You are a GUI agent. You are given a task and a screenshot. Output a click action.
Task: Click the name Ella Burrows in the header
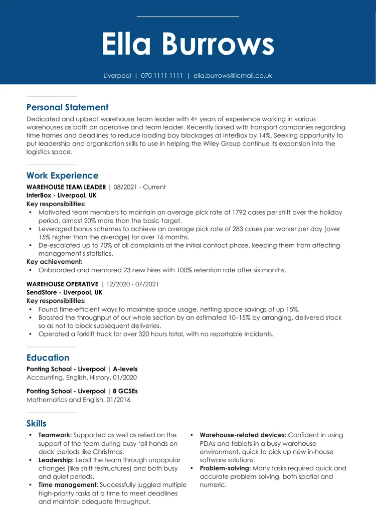pyautogui.click(x=188, y=44)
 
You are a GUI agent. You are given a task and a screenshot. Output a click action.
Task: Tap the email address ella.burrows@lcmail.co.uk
pyautogui.click(x=233, y=76)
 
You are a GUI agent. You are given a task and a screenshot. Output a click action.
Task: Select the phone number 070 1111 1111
pyautogui.click(x=162, y=76)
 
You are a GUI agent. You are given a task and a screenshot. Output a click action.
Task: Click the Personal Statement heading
pyautogui.click(x=67, y=107)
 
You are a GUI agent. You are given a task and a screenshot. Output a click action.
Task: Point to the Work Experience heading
pyautogui.click(x=62, y=175)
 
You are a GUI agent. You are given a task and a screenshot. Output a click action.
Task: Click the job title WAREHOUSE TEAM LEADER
pyautogui.click(x=66, y=187)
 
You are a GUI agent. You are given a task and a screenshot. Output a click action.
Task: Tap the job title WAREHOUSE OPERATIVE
pyautogui.click(x=62, y=284)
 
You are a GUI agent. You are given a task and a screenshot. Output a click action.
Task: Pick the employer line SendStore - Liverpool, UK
pyautogui.click(x=64, y=292)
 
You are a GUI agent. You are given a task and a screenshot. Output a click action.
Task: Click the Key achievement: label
pyautogui.click(x=54, y=262)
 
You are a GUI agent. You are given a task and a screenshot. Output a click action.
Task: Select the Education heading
pyautogui.click(x=48, y=358)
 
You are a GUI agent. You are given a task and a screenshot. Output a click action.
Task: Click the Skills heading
pyautogui.click(x=36, y=424)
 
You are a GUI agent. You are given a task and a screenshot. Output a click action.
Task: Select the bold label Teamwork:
pyautogui.click(x=55, y=435)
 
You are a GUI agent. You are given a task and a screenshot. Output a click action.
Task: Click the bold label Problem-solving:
pyautogui.click(x=225, y=468)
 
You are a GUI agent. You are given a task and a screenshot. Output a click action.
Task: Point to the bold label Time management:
pyautogui.click(x=68, y=485)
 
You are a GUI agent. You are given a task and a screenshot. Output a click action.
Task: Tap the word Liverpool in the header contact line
pyautogui.click(x=117, y=76)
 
